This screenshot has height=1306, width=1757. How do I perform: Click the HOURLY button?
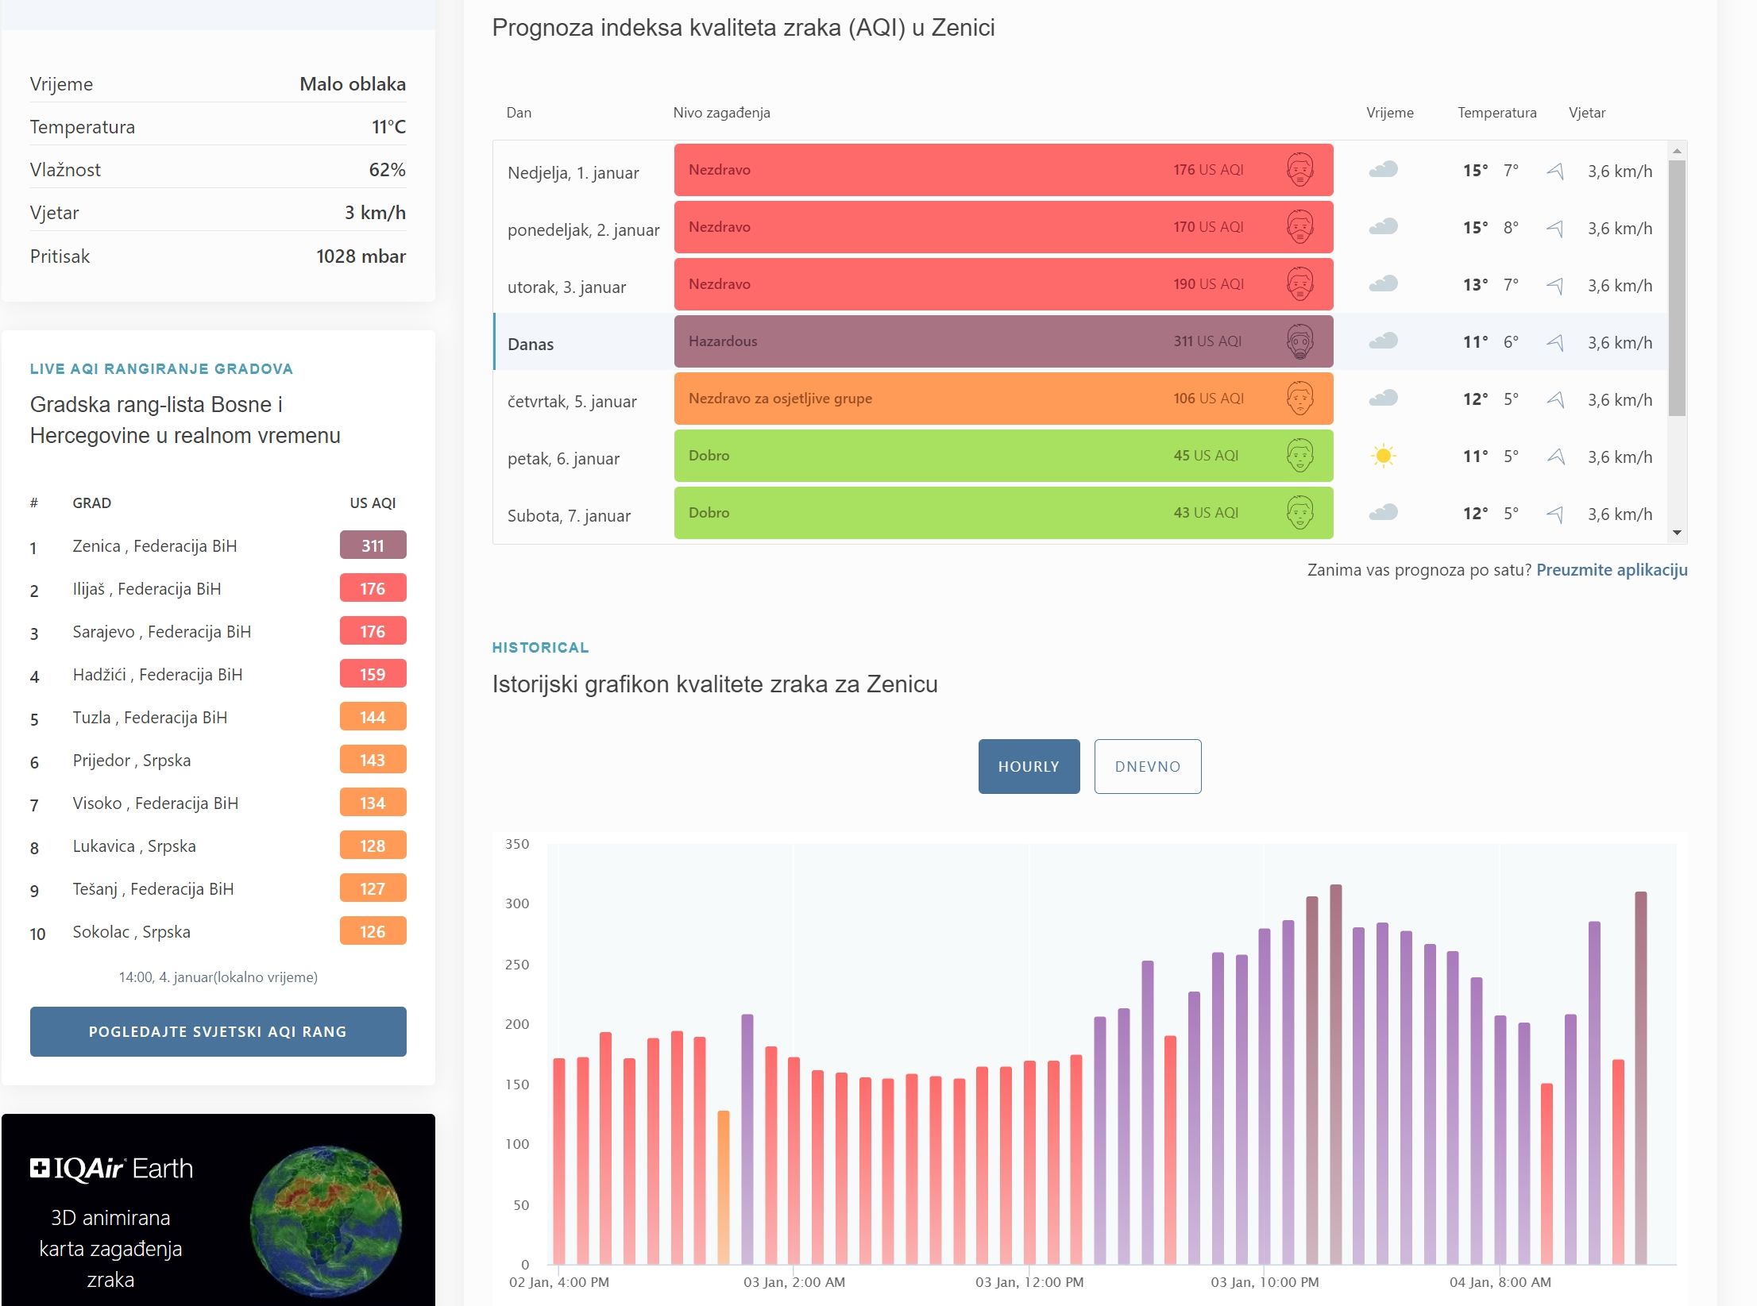pyautogui.click(x=1029, y=766)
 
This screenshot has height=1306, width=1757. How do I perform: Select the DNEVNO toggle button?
pyautogui.click(x=1147, y=766)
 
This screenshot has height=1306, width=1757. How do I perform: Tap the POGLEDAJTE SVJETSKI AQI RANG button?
pyautogui.click(x=218, y=1031)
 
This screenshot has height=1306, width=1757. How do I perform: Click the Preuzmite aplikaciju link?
pyautogui.click(x=1612, y=569)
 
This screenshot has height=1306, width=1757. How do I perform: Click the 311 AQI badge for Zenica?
pyautogui.click(x=373, y=545)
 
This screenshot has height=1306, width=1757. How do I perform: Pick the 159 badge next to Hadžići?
pyautogui.click(x=373, y=674)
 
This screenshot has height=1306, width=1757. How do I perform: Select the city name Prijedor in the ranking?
pyautogui.click(x=101, y=760)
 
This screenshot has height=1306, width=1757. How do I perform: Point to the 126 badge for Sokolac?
pyautogui.click(x=373, y=931)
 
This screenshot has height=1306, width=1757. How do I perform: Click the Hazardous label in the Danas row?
pyautogui.click(x=723, y=341)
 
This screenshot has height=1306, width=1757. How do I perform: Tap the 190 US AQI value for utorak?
pyautogui.click(x=1208, y=284)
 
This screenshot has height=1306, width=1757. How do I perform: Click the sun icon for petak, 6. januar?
pyautogui.click(x=1383, y=456)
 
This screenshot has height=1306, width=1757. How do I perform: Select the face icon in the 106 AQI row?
pyautogui.click(x=1299, y=399)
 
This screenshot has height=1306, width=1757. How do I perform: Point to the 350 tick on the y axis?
pyautogui.click(x=517, y=844)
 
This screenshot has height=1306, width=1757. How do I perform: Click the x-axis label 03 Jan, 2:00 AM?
pyautogui.click(x=794, y=1282)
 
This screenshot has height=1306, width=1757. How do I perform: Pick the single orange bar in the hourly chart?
pyautogui.click(x=723, y=1186)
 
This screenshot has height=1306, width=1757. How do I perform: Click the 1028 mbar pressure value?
pyautogui.click(x=361, y=256)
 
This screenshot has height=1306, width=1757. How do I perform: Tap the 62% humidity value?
pyautogui.click(x=387, y=170)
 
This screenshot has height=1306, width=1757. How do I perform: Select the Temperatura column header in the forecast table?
pyautogui.click(x=1496, y=113)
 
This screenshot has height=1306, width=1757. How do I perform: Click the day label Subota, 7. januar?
pyautogui.click(x=569, y=516)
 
